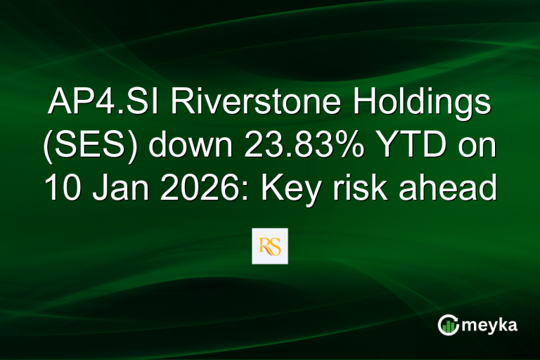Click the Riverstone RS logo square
(x=270, y=246)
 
